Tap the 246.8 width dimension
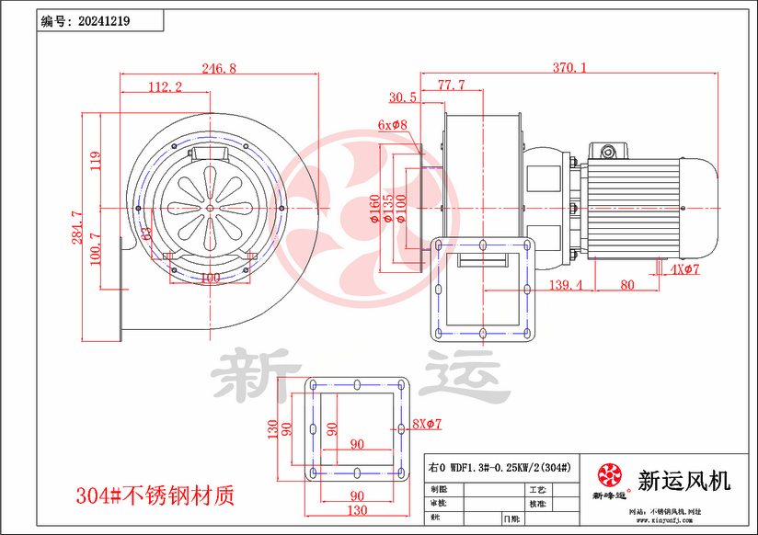(219, 68)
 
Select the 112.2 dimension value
(165, 86)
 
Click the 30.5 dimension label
(402, 97)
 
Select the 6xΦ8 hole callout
(392, 124)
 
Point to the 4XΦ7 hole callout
(685, 269)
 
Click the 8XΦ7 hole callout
(428, 424)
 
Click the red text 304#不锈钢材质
(155, 496)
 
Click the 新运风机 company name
(683, 480)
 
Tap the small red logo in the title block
(609, 474)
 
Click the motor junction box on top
(608, 149)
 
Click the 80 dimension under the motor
(627, 285)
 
